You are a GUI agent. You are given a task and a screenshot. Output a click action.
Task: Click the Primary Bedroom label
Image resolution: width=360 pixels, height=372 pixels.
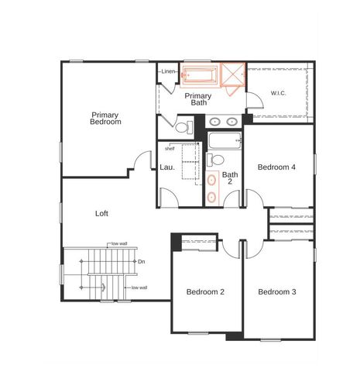point(105,119)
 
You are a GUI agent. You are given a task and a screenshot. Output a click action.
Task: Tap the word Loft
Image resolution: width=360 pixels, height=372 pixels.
point(101,213)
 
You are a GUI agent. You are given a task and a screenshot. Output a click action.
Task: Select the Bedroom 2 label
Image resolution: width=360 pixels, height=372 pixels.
point(205,292)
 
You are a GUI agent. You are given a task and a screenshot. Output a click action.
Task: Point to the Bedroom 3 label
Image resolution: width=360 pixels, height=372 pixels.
point(277,292)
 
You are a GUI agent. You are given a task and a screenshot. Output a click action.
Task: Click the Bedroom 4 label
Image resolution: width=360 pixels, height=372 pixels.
point(276,167)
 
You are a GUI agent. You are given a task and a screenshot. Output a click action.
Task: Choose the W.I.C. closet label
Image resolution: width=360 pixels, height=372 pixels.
point(279,94)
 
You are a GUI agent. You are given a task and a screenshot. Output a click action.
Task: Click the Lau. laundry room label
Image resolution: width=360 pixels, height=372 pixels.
point(166,167)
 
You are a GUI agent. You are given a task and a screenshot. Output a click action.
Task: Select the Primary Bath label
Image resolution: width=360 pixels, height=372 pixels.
point(200,98)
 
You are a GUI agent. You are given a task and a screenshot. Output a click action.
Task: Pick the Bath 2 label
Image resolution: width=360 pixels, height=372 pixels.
point(230,179)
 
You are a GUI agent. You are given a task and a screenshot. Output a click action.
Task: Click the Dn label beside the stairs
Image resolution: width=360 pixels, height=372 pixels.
point(141,262)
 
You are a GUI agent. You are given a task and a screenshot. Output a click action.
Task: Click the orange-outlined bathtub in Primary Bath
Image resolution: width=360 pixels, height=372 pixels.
point(200,76)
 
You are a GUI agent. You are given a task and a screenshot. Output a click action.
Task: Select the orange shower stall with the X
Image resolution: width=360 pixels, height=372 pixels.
point(233,74)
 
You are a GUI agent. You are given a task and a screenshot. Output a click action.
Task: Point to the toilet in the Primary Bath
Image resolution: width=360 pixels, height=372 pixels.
point(183,126)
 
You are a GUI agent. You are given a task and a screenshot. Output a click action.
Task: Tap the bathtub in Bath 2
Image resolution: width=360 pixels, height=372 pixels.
point(225,142)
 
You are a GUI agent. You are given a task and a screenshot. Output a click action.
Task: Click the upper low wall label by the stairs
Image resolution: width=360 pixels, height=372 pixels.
point(118,243)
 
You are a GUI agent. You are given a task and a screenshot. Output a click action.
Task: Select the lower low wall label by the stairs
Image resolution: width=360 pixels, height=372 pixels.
point(139,288)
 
